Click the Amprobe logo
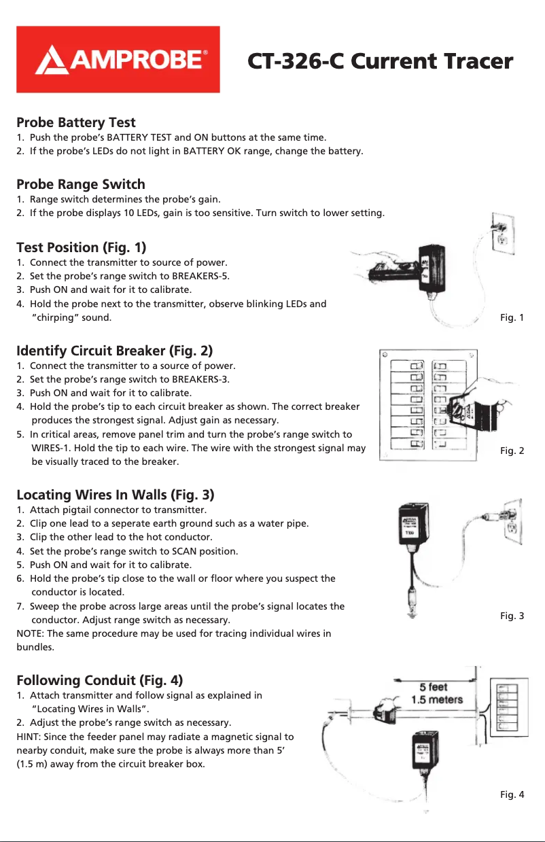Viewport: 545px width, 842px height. [118, 60]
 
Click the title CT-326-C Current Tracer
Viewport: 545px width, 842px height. [380, 61]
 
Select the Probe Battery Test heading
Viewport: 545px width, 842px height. [76, 123]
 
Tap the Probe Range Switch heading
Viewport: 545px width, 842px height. [81, 184]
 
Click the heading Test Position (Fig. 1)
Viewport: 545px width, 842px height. [81, 247]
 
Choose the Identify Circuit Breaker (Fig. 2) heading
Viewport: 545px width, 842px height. [114, 351]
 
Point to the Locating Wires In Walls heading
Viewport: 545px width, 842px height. [116, 494]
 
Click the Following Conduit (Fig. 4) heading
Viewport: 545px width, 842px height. [99, 680]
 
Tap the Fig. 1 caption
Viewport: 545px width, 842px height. [512, 317]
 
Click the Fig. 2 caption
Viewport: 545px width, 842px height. [512, 451]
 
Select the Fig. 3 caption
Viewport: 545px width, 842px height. [512, 616]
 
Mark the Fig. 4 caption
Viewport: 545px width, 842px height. [512, 794]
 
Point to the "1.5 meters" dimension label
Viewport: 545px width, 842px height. [437, 699]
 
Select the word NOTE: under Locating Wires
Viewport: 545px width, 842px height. [31, 634]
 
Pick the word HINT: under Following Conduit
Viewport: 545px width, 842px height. [30, 736]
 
